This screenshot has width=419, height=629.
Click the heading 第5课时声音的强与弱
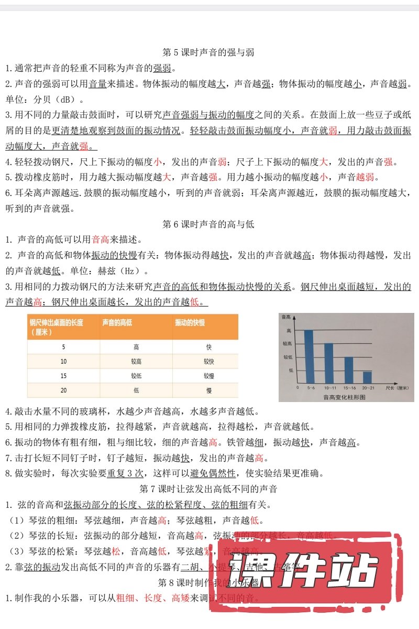pyautogui.click(x=209, y=52)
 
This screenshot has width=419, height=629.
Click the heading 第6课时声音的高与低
pyautogui.click(x=209, y=224)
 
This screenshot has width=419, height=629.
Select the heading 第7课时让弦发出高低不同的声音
pyautogui.click(x=209, y=489)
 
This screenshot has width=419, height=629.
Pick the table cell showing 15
pyautogui.click(x=63, y=376)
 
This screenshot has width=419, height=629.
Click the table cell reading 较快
pyautogui.click(x=208, y=362)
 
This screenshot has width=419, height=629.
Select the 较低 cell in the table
pyautogui.click(x=136, y=376)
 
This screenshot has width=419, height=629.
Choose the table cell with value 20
pyautogui.click(x=63, y=391)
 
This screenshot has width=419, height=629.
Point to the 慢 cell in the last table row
pyautogui.click(x=208, y=391)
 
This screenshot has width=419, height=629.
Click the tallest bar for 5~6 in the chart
pyautogui.click(x=309, y=356)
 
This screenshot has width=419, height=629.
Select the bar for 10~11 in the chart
pyautogui.click(x=329, y=363)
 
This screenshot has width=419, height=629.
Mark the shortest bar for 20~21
pyautogui.click(x=367, y=377)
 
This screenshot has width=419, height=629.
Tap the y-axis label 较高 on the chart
pyautogui.click(x=288, y=343)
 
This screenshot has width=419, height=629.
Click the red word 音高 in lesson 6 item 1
pyautogui.click(x=101, y=240)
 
